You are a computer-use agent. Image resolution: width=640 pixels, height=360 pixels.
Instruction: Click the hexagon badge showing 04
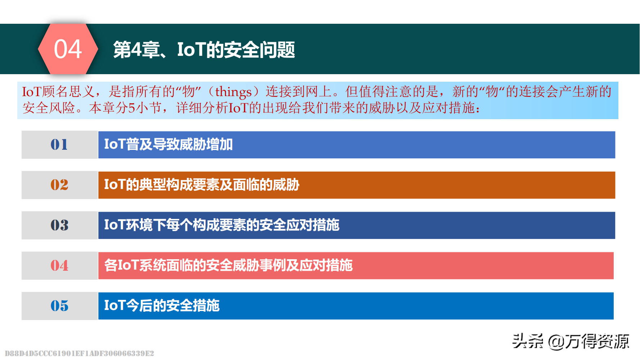click(x=68, y=49)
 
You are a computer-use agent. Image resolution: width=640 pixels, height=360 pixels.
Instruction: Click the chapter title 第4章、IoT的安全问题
click(x=204, y=50)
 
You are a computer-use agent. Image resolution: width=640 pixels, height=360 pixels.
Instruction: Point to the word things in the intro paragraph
click(x=233, y=92)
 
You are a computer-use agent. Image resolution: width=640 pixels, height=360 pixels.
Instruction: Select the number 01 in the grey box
click(x=59, y=145)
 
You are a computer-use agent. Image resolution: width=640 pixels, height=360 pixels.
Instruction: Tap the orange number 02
click(x=59, y=185)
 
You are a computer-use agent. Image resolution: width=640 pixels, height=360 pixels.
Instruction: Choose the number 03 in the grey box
click(x=59, y=225)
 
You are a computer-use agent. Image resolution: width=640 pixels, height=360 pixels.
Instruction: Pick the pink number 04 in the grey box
click(x=59, y=266)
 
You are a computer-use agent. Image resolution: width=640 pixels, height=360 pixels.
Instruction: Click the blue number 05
click(x=59, y=306)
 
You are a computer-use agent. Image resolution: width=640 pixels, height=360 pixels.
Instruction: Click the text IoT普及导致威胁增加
click(x=168, y=144)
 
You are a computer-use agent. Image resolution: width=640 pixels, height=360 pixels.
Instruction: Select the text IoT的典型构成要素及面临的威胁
click(x=202, y=185)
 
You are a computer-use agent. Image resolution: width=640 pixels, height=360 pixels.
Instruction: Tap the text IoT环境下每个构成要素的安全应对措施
click(x=222, y=225)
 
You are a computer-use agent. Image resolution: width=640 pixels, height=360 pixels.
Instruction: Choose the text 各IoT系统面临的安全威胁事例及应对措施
click(x=228, y=265)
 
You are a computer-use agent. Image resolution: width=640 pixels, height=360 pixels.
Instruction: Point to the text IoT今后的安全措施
click(x=162, y=306)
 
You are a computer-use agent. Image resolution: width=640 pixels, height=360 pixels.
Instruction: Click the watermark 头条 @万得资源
click(x=571, y=341)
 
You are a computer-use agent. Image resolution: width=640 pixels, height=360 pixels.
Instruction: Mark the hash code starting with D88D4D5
click(x=79, y=353)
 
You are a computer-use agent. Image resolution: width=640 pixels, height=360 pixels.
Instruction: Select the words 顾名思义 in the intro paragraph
click(x=69, y=92)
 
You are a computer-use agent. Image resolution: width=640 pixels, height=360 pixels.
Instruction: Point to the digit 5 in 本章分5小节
click(x=131, y=108)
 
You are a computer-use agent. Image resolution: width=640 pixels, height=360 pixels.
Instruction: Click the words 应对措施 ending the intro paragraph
click(x=449, y=108)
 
